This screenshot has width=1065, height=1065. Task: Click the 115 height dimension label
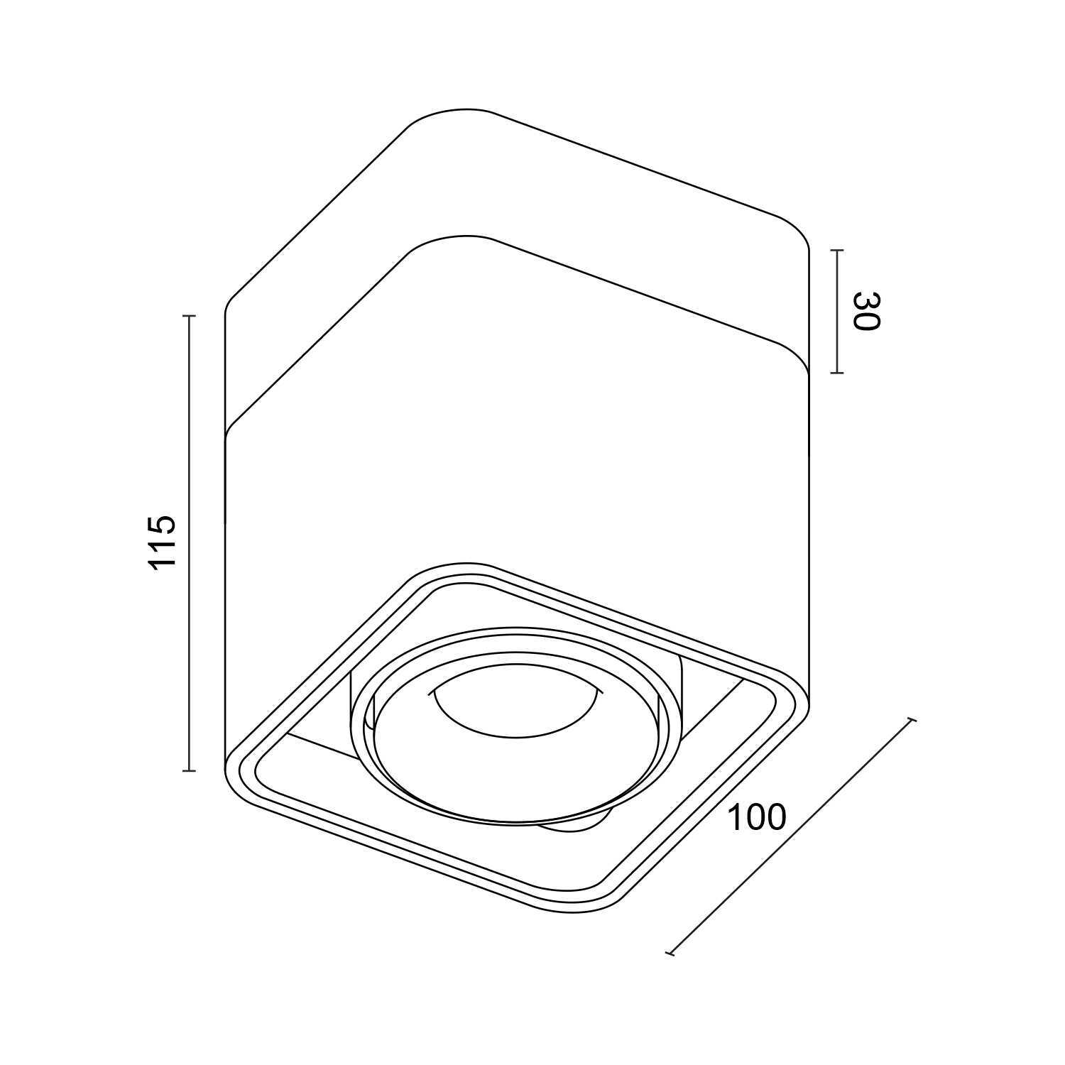click(x=162, y=541)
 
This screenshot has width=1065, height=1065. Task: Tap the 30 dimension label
click(x=866, y=311)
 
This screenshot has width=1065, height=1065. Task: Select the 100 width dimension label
click(x=758, y=818)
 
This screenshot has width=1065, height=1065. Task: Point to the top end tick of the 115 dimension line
click(x=189, y=316)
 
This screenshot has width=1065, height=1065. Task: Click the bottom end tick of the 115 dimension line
click(x=189, y=770)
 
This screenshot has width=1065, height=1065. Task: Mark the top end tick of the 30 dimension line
click(x=837, y=251)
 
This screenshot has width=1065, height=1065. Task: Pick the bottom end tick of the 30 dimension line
click(x=837, y=373)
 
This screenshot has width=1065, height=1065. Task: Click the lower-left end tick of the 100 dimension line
click(x=670, y=954)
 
